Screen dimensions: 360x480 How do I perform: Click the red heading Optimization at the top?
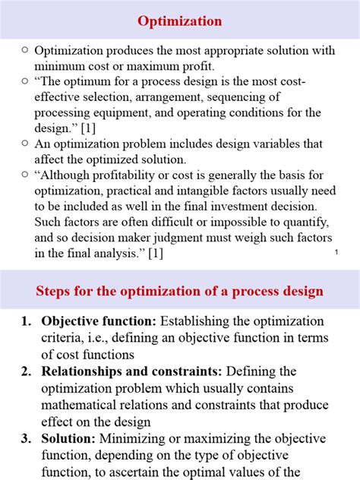(180, 21)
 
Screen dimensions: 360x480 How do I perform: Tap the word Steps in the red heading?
(57, 292)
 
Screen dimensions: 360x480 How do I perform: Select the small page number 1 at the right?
(335, 251)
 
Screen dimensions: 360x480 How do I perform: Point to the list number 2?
(26, 371)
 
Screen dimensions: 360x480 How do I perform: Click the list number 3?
(26, 439)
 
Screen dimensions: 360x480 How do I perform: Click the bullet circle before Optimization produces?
(24, 50)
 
